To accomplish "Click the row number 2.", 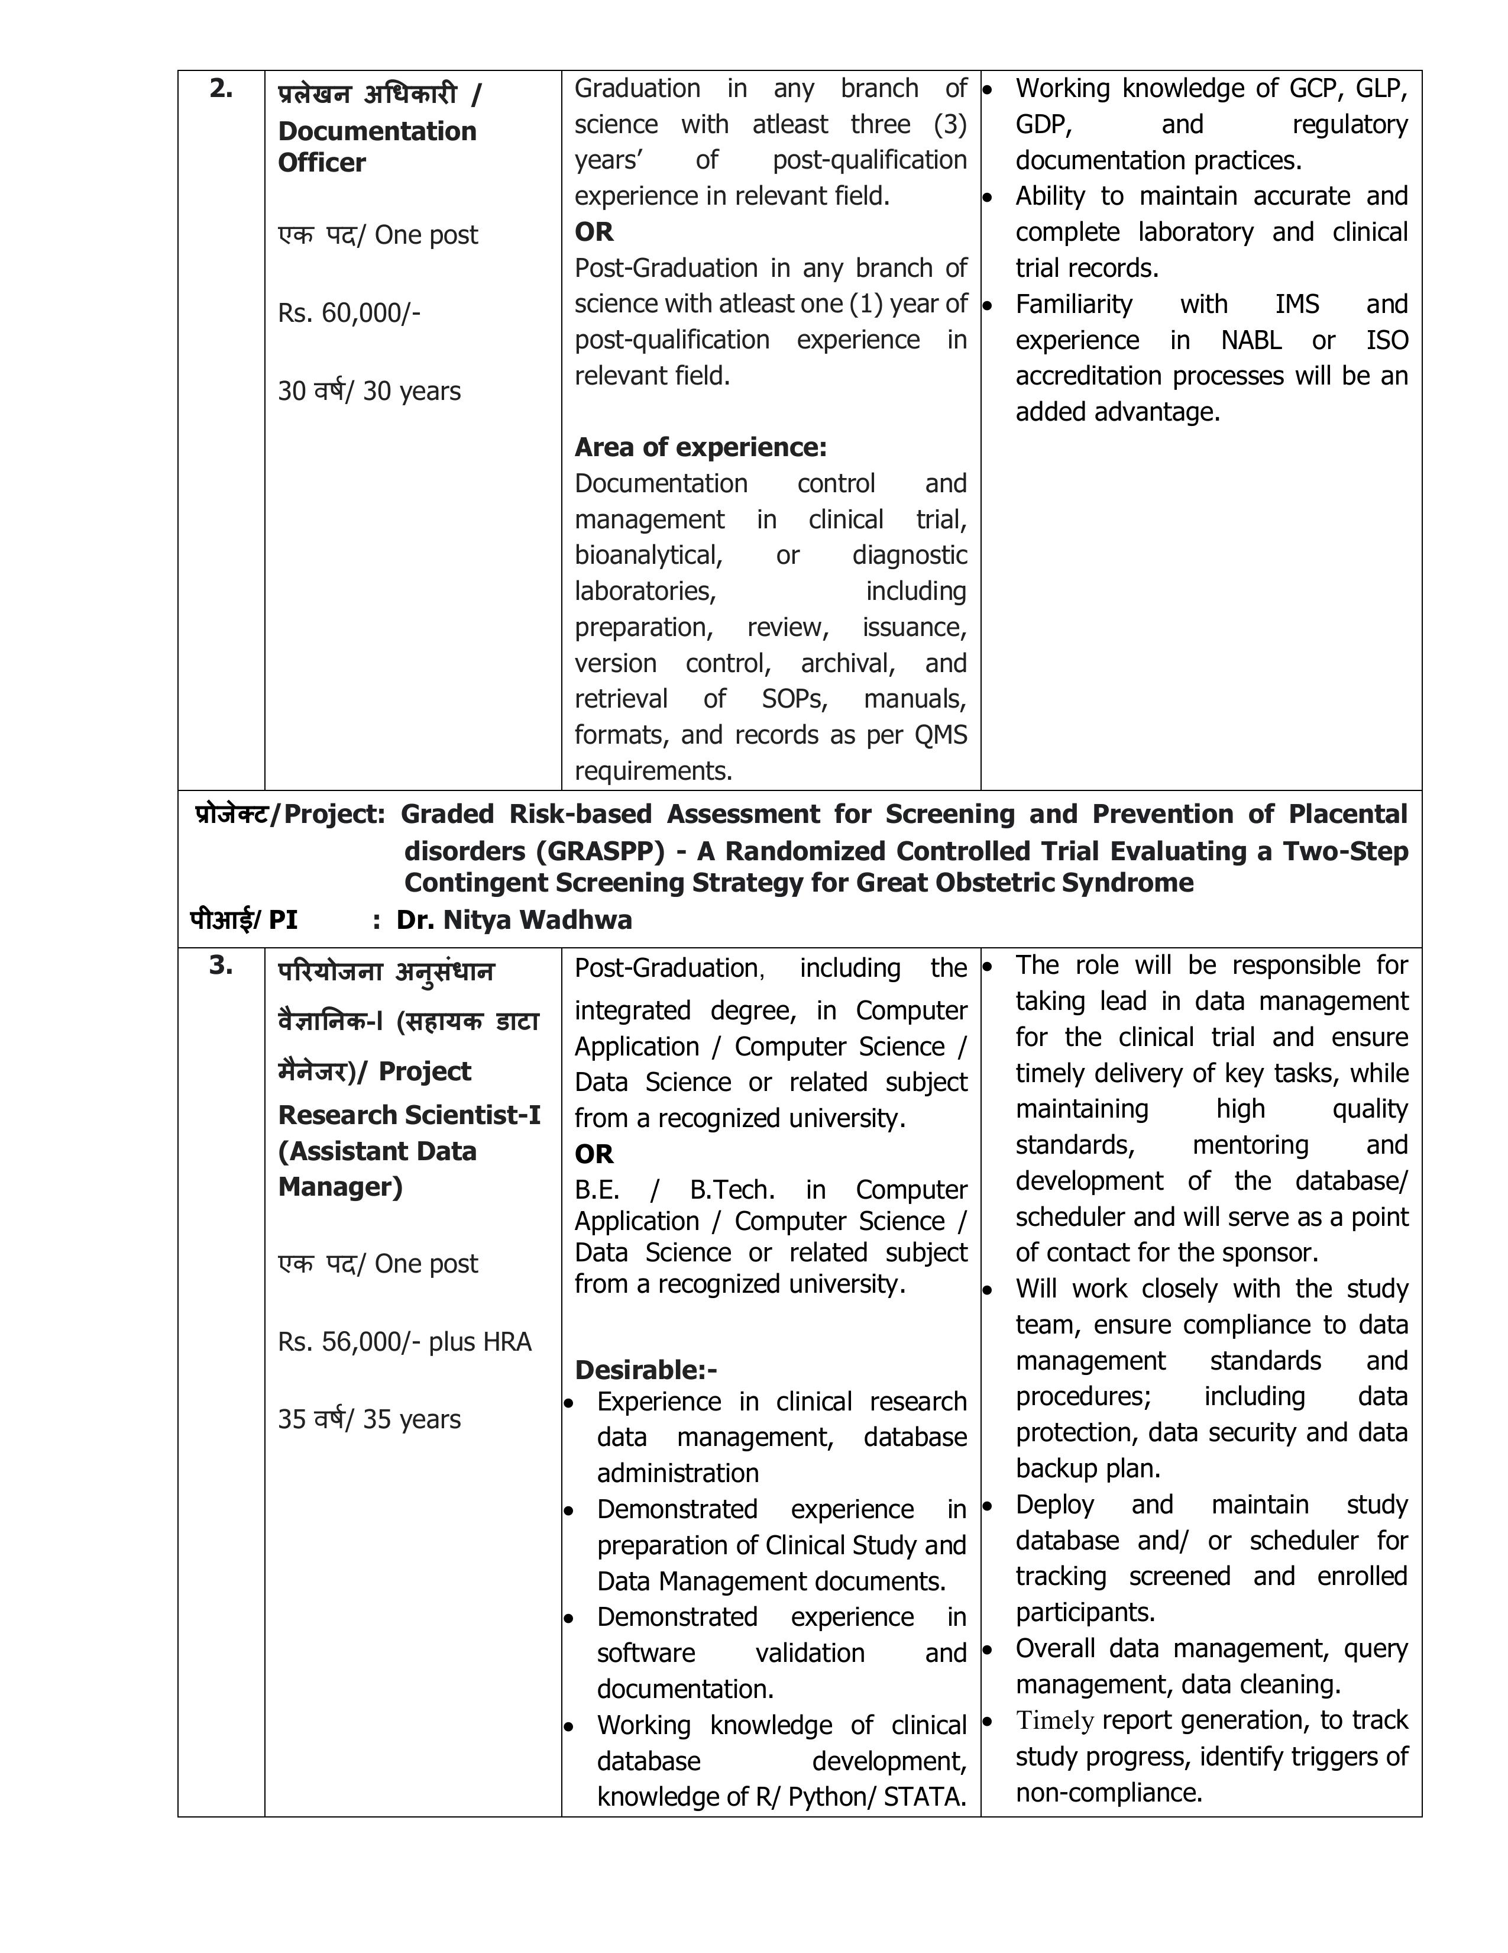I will [221, 89].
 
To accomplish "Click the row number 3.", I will [221, 966].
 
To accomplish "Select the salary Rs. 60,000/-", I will [349, 313].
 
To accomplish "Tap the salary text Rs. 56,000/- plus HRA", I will [404, 1341].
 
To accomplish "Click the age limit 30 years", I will [369, 392].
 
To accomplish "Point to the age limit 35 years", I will [369, 1419].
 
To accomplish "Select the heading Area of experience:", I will [700, 447].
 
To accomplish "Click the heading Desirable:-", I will [645, 1370].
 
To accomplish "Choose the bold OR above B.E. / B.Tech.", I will [594, 1154].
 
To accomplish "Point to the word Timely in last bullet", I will [1055, 1720].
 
